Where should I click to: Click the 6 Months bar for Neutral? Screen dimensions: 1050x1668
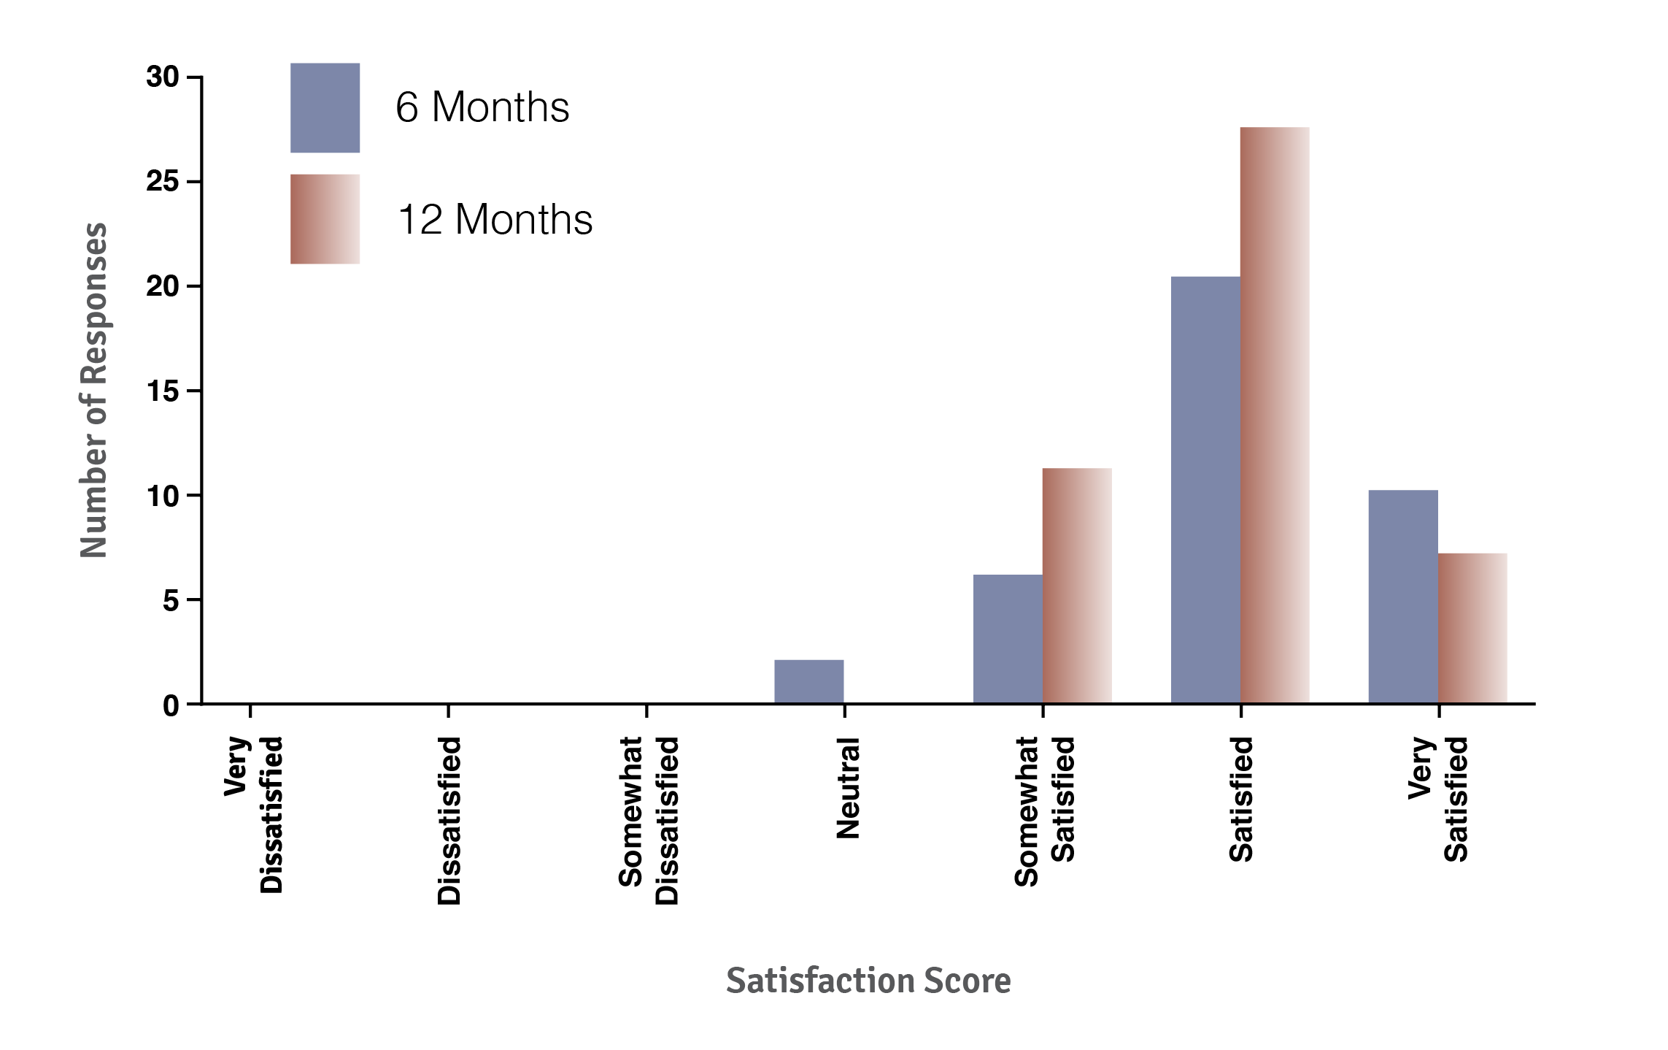pyautogui.click(x=808, y=682)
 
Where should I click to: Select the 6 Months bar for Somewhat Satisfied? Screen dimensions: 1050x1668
pyautogui.click(x=1007, y=639)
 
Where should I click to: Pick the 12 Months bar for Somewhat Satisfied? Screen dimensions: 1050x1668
pyautogui.click(x=1077, y=586)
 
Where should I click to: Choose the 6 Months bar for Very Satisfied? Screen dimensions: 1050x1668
pyautogui.click(x=1402, y=597)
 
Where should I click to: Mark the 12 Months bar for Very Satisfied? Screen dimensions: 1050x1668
pyautogui.click(x=1472, y=628)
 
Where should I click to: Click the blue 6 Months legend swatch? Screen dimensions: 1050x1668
pyautogui.click(x=325, y=107)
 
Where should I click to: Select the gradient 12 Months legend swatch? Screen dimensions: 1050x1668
pyautogui.click(x=325, y=219)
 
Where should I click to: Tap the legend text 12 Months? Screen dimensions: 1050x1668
pyautogui.click(x=495, y=219)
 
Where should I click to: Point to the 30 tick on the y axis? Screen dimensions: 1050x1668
pyautogui.click(x=162, y=77)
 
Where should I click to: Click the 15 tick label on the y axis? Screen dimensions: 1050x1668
pyautogui.click(x=162, y=391)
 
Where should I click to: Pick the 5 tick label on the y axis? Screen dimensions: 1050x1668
pyautogui.click(x=170, y=601)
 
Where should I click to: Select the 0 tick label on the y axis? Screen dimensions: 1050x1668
pyautogui.click(x=170, y=706)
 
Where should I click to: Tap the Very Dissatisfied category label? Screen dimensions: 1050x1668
pyautogui.click(x=253, y=814)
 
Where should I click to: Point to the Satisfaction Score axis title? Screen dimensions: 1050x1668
pyautogui.click(x=868, y=981)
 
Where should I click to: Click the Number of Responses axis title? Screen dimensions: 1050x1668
pyautogui.click(x=93, y=390)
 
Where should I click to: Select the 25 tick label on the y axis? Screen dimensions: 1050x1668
pyautogui.click(x=162, y=181)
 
